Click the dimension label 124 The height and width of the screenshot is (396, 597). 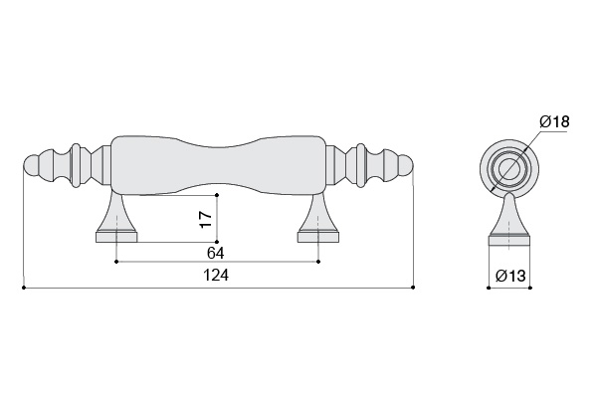[216, 275]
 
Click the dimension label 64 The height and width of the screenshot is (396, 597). [216, 253]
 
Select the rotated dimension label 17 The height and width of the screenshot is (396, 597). [206, 219]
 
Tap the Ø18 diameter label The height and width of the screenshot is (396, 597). [554, 121]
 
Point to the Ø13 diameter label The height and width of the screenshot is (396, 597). [510, 276]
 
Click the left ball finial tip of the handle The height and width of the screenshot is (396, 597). [31, 166]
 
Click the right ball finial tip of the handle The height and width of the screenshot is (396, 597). [406, 166]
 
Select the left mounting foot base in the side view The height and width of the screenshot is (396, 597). [116, 238]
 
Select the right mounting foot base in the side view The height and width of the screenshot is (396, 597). [318, 238]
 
